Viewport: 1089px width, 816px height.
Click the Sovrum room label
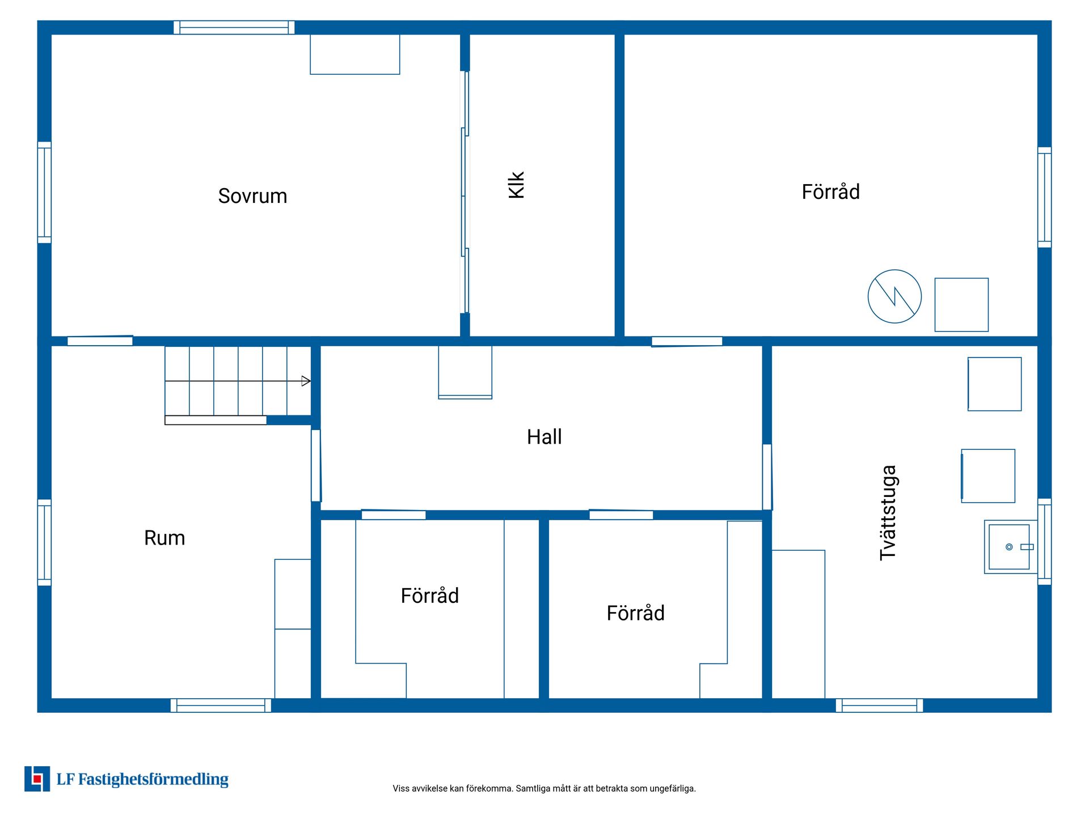[x=252, y=196]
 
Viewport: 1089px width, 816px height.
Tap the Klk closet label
[x=516, y=185]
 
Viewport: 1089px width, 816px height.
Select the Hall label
[x=544, y=437]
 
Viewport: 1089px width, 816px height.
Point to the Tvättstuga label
[x=888, y=513]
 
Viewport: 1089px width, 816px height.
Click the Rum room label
[x=164, y=538]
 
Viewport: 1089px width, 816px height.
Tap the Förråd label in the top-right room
[x=830, y=192]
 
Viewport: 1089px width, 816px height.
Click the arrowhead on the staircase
[x=306, y=381]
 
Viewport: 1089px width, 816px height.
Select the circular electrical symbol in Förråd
[x=894, y=296]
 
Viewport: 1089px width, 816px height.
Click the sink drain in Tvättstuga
[x=1009, y=547]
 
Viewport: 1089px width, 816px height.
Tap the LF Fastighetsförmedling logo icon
[x=37, y=779]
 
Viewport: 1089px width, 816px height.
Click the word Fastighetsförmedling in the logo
[x=153, y=780]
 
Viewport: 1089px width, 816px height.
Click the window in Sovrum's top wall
[x=234, y=27]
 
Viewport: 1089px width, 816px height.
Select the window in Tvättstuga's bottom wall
[x=879, y=705]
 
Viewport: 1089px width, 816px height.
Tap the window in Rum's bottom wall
[x=221, y=705]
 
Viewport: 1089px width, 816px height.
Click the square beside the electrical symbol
[x=961, y=305]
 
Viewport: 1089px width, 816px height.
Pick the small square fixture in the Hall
[x=465, y=372]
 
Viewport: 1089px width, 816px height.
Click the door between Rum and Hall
[x=316, y=465]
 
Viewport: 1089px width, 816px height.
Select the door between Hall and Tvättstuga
[x=767, y=477]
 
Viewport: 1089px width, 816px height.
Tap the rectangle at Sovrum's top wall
[x=355, y=54]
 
